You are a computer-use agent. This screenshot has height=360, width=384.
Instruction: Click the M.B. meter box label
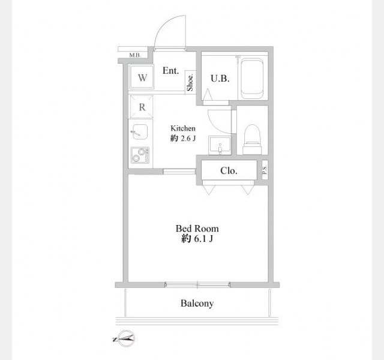(x=135, y=55)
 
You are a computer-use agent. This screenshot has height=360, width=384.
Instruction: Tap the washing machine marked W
(x=142, y=77)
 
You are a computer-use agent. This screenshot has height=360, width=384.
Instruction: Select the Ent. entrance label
(x=170, y=71)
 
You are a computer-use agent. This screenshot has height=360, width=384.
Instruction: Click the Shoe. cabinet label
(x=191, y=82)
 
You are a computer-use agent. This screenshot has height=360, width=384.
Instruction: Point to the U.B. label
(x=220, y=79)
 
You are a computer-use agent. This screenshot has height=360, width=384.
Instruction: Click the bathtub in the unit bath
(x=252, y=79)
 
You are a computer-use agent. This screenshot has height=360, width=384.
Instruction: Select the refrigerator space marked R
(x=142, y=107)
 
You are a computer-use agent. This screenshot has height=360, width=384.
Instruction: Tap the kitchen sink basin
(x=140, y=132)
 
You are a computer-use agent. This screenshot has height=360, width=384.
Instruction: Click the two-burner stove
(x=140, y=155)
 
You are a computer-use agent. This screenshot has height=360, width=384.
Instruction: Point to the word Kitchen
(x=183, y=128)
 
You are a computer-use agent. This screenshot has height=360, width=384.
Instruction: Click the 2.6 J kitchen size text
(x=188, y=139)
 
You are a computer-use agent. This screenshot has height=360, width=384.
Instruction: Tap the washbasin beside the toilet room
(x=220, y=145)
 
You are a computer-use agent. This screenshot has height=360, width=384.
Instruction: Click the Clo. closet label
(x=229, y=170)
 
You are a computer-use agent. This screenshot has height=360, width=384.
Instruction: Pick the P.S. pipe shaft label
(x=265, y=169)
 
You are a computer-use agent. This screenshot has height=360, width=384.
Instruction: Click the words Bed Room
(x=197, y=229)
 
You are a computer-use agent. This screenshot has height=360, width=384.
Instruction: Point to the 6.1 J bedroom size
(x=203, y=239)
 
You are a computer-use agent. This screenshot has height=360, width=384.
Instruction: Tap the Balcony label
(x=197, y=303)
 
